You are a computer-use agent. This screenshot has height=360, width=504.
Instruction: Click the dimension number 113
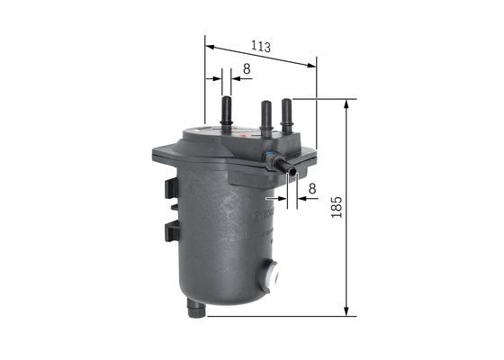[261, 46]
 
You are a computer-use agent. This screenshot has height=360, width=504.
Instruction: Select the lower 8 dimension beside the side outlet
[312, 188]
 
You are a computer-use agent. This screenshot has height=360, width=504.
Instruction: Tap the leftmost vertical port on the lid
[225, 112]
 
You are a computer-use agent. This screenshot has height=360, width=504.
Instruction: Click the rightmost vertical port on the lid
[288, 115]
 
